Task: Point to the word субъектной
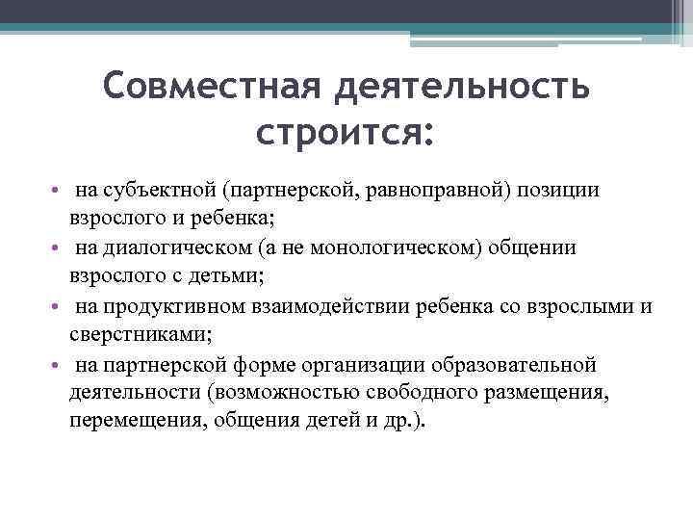click(x=144, y=189)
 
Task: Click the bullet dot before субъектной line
click(x=57, y=190)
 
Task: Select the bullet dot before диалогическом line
click(x=57, y=248)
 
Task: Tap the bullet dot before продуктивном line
click(x=57, y=307)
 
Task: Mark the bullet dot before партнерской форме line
click(x=57, y=366)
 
